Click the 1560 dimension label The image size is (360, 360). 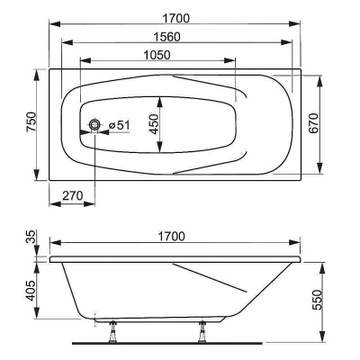pos(167,37)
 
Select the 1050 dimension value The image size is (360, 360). pos(157,55)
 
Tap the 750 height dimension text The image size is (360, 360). pos(31,121)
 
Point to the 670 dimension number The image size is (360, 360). pos(313,123)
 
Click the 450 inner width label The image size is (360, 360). pos(154,124)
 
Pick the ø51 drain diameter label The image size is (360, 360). pos(120,125)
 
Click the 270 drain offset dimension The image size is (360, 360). pos(73,196)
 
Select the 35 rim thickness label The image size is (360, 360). pos(31,237)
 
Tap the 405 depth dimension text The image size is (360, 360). pos(31,290)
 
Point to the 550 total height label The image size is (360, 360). pos(317,300)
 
